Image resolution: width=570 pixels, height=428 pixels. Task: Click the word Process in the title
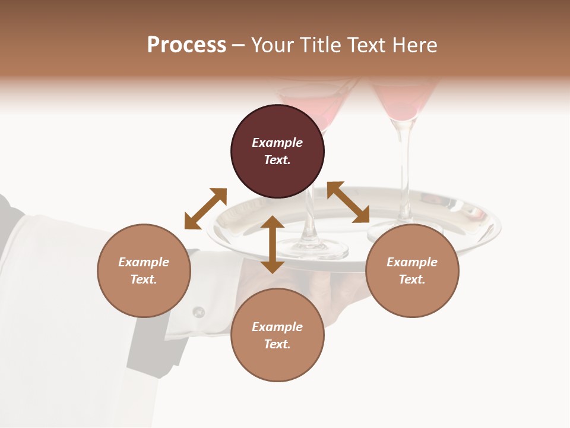186,45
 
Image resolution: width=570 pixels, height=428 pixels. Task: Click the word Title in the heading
318,45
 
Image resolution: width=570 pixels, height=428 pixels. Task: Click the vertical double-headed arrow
273,245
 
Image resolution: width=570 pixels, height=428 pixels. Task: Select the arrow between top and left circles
205,209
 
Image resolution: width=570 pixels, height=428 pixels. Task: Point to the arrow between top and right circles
348,203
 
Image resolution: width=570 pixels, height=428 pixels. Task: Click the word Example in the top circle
277,143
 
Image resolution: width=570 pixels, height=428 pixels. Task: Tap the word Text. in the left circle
144,279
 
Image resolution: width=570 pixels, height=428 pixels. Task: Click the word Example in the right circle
412,262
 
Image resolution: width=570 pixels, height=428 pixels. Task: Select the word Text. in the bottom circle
277,344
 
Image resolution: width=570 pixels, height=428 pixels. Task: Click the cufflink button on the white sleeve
199,311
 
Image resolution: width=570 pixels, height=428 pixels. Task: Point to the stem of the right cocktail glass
406,172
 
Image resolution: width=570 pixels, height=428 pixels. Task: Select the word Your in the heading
272,45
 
